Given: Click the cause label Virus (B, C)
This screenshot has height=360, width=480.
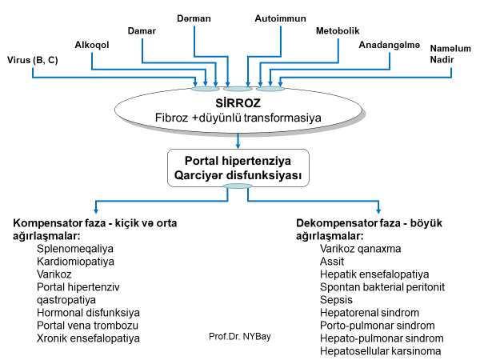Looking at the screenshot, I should point(32,60).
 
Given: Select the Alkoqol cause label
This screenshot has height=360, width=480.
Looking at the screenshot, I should point(91,45).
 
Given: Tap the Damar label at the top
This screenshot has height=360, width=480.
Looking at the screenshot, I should point(142,31).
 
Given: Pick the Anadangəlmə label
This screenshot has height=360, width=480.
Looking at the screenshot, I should point(390,45).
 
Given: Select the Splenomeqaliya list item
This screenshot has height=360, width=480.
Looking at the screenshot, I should point(75,249).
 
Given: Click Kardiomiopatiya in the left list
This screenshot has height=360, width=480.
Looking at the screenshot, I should point(77,261).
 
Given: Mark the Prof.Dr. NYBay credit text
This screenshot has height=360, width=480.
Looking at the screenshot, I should point(239,336).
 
